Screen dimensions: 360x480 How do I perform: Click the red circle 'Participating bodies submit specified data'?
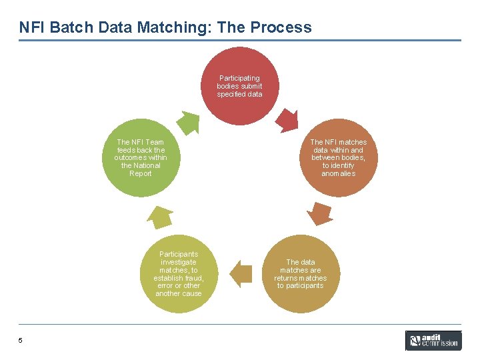239,87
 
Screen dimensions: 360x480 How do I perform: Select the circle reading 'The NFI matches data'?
338,158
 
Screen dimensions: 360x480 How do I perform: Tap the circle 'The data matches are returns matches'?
300,274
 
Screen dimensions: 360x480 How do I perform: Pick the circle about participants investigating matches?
178,274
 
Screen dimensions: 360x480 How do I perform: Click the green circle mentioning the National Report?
140,158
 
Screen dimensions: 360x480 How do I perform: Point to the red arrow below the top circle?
288,121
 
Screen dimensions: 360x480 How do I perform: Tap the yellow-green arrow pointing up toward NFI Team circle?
160,217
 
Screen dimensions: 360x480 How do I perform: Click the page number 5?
21,341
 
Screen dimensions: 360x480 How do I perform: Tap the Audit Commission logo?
433,341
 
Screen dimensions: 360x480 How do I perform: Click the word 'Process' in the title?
281,27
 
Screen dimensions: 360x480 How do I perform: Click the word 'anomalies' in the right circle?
338,173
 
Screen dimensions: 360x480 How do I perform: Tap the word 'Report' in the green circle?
140,173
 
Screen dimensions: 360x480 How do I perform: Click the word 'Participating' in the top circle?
239,78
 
